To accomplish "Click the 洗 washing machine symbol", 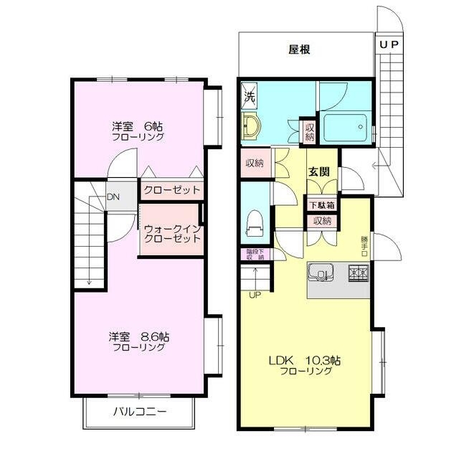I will point(249,95).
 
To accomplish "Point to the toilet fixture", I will point(253,222).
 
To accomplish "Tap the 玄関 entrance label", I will point(319,171).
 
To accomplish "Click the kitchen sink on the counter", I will point(321,273).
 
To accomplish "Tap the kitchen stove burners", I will point(359,273).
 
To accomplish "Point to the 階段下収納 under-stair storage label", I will point(255,255).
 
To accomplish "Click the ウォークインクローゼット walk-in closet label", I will point(171,234).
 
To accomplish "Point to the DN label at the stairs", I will point(113,197).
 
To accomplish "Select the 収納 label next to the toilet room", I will point(254,163).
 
